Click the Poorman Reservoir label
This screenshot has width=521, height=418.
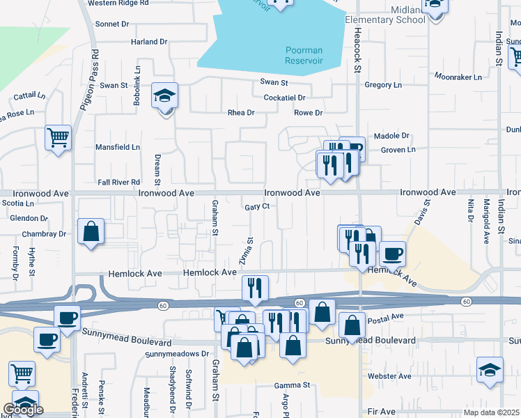tap(304, 55)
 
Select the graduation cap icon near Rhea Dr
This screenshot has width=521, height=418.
tap(165, 96)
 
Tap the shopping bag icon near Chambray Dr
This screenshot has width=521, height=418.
tap(91, 231)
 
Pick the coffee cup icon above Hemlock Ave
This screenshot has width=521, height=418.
tap(393, 254)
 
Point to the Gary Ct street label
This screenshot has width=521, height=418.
tap(257, 206)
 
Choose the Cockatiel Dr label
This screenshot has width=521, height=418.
tap(284, 98)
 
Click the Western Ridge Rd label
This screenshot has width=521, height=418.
tap(118, 3)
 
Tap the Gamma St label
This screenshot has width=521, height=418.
tap(291, 385)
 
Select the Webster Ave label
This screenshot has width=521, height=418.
tap(389, 376)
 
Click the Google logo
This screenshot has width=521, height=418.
tap(23, 410)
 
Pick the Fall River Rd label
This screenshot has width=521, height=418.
tap(119, 182)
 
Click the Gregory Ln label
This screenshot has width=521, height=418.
tap(383, 85)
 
